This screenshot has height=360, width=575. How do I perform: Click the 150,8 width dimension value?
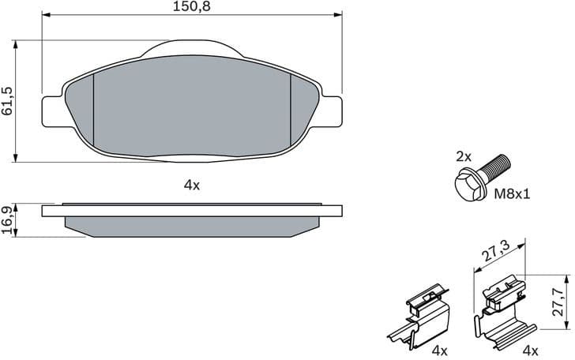tap(193, 6)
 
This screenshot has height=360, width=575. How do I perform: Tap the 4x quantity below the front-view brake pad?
tap(192, 186)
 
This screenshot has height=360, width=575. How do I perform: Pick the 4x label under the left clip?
tap(438, 350)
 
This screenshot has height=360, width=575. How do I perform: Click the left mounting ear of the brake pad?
tap(52, 109)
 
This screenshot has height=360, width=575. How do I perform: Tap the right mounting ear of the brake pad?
tap(332, 109)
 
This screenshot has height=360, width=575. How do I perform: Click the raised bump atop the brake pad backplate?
tap(192, 48)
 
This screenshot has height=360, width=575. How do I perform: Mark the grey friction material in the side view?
tap(192, 226)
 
